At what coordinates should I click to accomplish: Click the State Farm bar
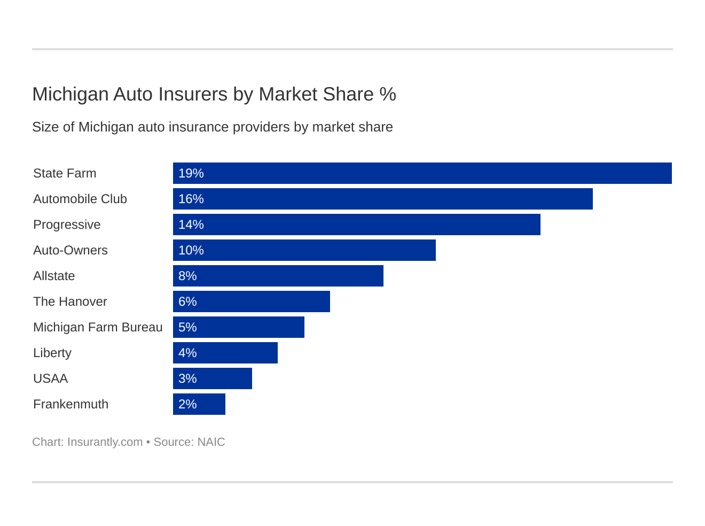pos(422,173)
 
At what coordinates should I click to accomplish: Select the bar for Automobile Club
pos(382,199)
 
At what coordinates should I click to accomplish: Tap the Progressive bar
pos(356,225)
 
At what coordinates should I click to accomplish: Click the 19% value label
pos(191,173)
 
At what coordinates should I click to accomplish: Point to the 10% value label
pos(191,250)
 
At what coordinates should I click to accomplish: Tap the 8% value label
pos(187,276)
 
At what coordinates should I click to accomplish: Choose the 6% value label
pos(187,301)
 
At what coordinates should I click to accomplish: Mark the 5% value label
pos(187,327)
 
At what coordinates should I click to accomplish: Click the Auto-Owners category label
pos(70,250)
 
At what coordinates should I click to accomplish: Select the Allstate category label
pos(54,276)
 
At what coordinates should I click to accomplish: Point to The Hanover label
pos(70,301)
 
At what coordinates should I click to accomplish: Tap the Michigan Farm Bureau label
pos(98,327)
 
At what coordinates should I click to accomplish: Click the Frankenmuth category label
pos(70,404)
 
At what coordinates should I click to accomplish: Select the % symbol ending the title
pos(388,94)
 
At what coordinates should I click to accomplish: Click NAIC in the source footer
pos(211,442)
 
